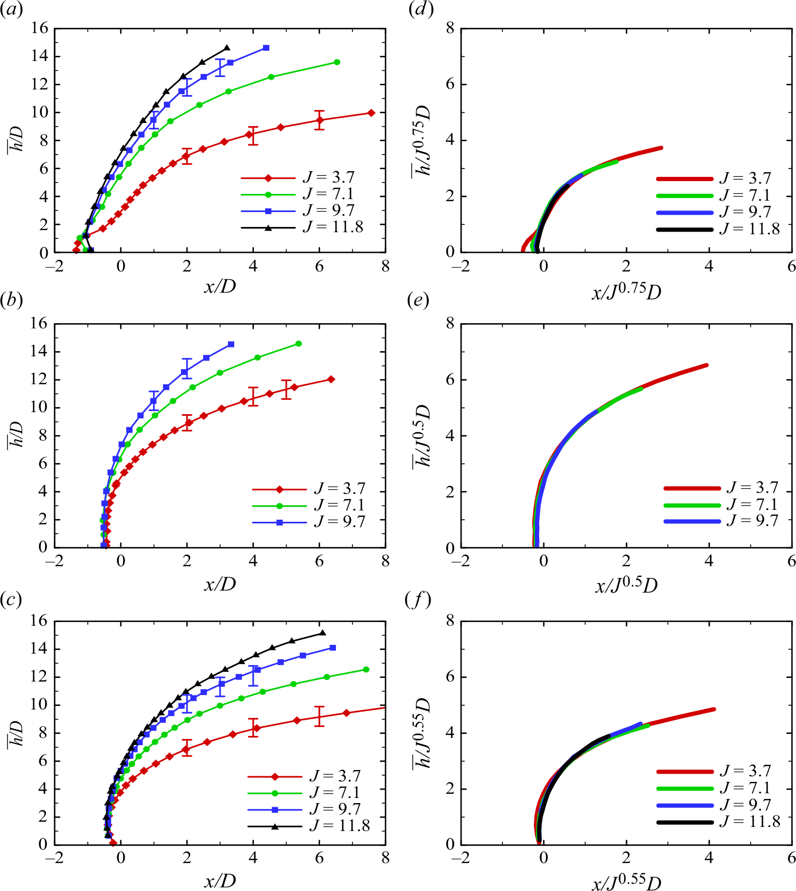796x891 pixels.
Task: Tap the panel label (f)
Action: (x=418, y=600)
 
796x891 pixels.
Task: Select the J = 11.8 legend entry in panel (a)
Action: (x=302, y=228)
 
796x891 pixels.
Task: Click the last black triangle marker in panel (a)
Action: (x=227, y=48)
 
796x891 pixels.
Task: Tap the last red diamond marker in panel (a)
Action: (x=371, y=113)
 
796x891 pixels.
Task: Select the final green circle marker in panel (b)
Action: (x=298, y=344)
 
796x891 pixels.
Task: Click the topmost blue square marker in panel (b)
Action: (x=231, y=344)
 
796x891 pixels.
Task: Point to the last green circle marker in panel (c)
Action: (x=366, y=670)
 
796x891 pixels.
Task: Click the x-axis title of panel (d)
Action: (x=626, y=292)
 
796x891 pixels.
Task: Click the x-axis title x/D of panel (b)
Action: (x=220, y=584)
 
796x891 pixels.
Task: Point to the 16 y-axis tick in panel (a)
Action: (x=40, y=28)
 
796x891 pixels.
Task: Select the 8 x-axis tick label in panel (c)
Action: (x=385, y=858)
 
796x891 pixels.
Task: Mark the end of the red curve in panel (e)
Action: (x=706, y=366)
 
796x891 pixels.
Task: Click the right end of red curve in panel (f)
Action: (x=714, y=709)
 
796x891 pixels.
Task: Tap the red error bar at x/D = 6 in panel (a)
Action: (x=319, y=120)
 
